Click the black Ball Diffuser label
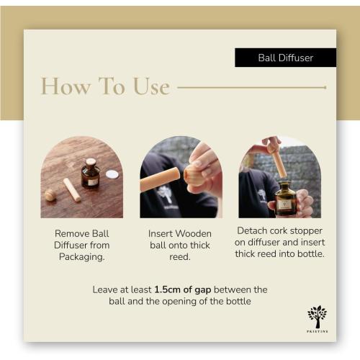point(286,58)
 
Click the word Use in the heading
point(151,86)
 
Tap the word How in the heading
point(66,86)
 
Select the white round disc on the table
point(112,174)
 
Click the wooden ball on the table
point(50,194)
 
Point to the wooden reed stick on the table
point(72,189)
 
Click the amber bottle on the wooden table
point(91,174)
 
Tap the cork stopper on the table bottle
point(91,161)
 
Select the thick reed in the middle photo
point(160,179)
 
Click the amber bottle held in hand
point(285,199)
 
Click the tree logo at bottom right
point(317,317)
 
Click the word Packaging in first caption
point(82,257)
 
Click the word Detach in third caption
point(252,230)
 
